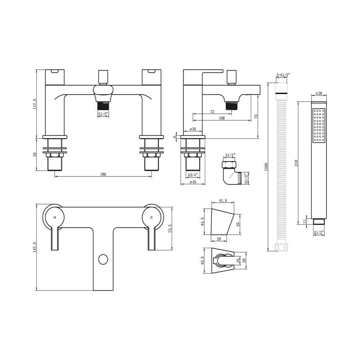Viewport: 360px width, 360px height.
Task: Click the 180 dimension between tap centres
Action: tap(103, 175)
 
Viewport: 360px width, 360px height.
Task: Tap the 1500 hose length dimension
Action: tap(266, 167)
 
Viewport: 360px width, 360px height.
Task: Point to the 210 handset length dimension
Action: tap(296, 162)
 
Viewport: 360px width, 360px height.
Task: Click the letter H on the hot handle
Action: tap(54, 218)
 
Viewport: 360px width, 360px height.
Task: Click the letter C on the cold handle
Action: tap(152, 218)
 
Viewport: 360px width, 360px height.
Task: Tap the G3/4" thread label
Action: tap(193, 175)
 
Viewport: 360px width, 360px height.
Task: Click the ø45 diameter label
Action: tap(193, 182)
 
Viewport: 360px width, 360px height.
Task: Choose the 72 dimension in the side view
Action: tap(212, 112)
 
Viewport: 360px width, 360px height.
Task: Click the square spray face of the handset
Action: tap(319, 126)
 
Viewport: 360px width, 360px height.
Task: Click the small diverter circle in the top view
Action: tap(103, 259)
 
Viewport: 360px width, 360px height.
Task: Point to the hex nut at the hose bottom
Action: tap(280, 248)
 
